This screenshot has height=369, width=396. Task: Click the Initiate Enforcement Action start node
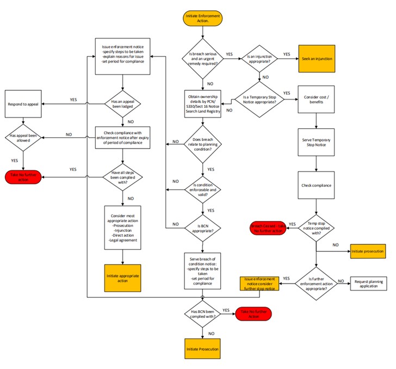coord(202,19)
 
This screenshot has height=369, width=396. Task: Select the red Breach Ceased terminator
coord(267,228)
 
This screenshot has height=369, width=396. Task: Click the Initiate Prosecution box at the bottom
coord(202,349)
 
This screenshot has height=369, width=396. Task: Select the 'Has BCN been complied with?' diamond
coord(202,313)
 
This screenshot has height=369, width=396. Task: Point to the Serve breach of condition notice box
coord(202,270)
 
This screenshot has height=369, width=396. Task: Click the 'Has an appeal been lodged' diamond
coord(123,104)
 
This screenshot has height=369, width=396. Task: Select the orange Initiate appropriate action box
coord(123,278)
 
